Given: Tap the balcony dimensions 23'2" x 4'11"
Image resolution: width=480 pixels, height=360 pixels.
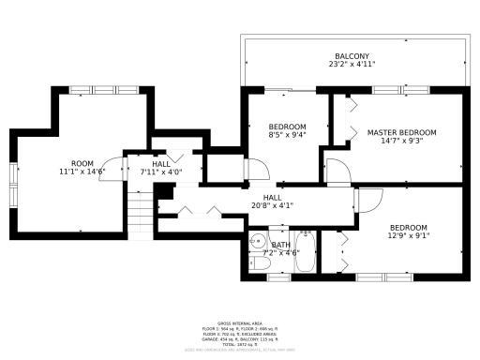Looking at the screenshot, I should [x=352, y=65].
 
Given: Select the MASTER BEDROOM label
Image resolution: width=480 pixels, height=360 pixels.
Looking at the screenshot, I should [x=401, y=132].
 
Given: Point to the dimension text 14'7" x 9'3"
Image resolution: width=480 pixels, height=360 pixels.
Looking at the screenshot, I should [x=401, y=142].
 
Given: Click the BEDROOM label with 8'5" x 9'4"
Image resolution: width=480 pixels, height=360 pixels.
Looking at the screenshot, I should [x=287, y=127].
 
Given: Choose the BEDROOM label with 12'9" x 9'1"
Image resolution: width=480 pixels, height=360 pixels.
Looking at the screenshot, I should [x=409, y=228].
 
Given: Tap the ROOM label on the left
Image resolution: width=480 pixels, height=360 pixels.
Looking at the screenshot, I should [x=82, y=163].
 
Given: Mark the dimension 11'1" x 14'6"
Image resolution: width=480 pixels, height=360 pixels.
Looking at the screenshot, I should [x=82, y=172].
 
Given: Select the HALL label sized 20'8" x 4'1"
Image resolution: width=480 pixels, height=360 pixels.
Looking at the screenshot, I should [x=273, y=198].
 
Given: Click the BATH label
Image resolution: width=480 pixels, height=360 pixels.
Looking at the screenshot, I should [x=280, y=245].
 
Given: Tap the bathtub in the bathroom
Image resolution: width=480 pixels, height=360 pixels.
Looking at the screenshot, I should [x=306, y=251].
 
